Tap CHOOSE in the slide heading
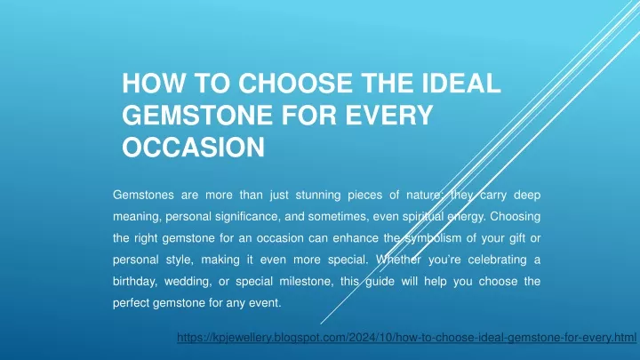[x=295, y=84]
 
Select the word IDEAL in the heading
[x=461, y=84]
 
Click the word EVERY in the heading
[x=389, y=115]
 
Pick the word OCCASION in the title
[x=194, y=147]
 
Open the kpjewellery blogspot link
[x=406, y=338]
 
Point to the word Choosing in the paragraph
[x=515, y=217]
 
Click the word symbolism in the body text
[x=433, y=239]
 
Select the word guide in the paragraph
[x=380, y=282]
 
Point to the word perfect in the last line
[x=131, y=303]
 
